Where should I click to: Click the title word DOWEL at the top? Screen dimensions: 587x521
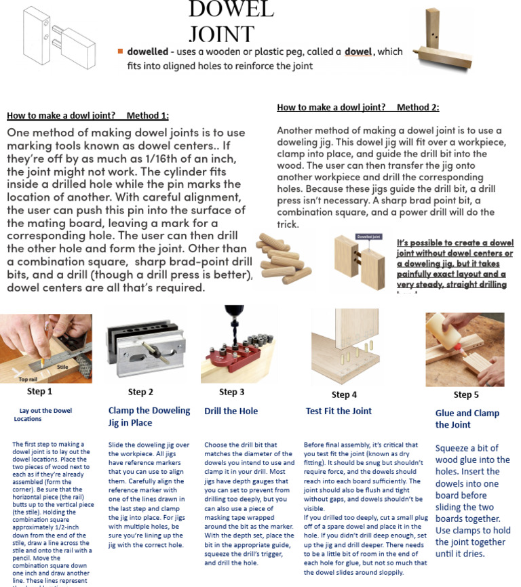pos(230,9)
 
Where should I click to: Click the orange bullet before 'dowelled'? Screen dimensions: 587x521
pos(120,52)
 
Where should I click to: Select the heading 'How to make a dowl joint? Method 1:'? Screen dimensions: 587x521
pos(88,115)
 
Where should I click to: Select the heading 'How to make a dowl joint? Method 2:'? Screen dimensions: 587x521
pos(358,107)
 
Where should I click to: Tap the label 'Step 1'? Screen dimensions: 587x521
pos(39,391)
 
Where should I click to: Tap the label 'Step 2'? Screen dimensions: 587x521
pos(140,392)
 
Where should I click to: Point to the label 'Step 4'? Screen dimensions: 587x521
pos(344,394)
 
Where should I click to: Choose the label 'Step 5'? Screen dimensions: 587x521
pos(465,394)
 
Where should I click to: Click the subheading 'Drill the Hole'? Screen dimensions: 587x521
pos(231,411)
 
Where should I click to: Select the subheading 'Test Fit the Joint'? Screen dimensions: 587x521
pos(339,411)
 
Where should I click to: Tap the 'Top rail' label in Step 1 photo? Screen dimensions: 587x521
pos(28,380)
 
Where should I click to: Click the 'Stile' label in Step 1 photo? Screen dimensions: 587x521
pos(62,367)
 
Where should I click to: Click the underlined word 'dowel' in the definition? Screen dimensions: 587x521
pos(360,52)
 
